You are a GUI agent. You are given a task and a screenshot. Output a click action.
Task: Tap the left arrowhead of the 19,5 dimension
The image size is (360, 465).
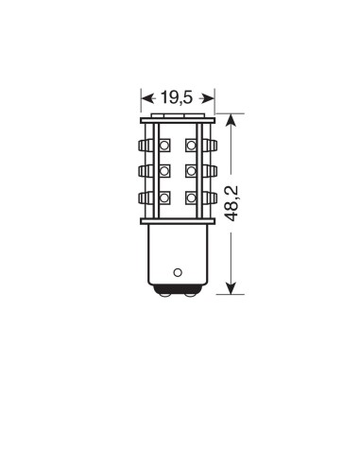point(146,95)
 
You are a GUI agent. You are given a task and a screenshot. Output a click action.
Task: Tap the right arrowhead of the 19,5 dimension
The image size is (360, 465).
point(214,95)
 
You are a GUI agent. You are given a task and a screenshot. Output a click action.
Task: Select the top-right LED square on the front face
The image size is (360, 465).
point(192,146)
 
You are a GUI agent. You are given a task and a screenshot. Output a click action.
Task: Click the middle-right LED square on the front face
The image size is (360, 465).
point(192,172)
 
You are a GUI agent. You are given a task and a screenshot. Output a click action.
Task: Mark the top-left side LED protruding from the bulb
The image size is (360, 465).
point(146,146)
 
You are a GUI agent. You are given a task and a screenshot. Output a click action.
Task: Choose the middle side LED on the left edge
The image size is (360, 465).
point(146,172)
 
